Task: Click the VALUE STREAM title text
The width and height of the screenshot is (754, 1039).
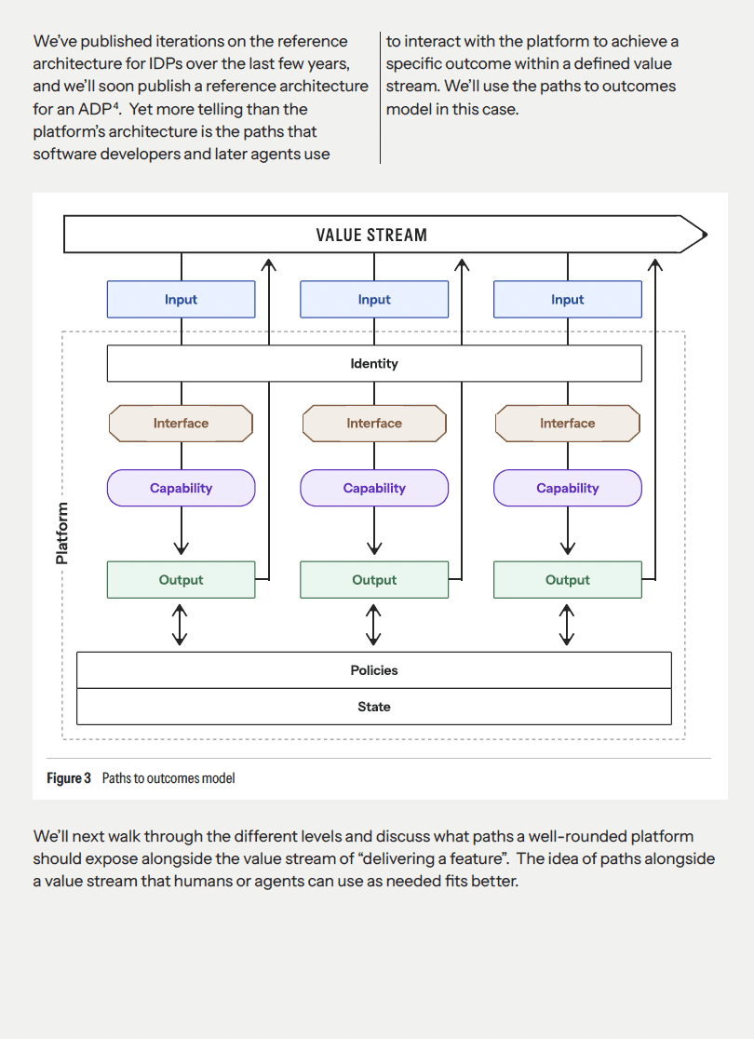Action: coord(371,235)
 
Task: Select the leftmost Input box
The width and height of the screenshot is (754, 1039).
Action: coord(181,300)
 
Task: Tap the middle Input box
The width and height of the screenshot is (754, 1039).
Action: coord(374,300)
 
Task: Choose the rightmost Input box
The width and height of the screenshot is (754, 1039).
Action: coord(567,300)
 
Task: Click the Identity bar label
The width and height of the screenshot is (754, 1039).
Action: coord(374,363)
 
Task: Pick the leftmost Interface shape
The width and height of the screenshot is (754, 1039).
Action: coord(181,423)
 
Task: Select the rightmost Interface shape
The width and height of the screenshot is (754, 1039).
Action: coord(567,423)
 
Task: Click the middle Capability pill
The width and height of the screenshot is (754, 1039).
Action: coord(374,488)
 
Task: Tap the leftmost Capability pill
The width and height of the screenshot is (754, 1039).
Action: coord(181,488)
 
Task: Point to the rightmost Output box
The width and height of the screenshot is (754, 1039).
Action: coord(567,580)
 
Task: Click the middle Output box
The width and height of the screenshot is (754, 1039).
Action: coord(374,580)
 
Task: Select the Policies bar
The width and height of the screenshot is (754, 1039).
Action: coord(374,670)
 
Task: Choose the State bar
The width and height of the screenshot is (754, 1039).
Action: coord(374,707)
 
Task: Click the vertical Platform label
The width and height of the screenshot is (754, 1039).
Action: coord(62,533)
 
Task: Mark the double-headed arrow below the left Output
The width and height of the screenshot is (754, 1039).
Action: coord(181,625)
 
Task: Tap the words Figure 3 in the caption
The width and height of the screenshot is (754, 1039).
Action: coord(69,778)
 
